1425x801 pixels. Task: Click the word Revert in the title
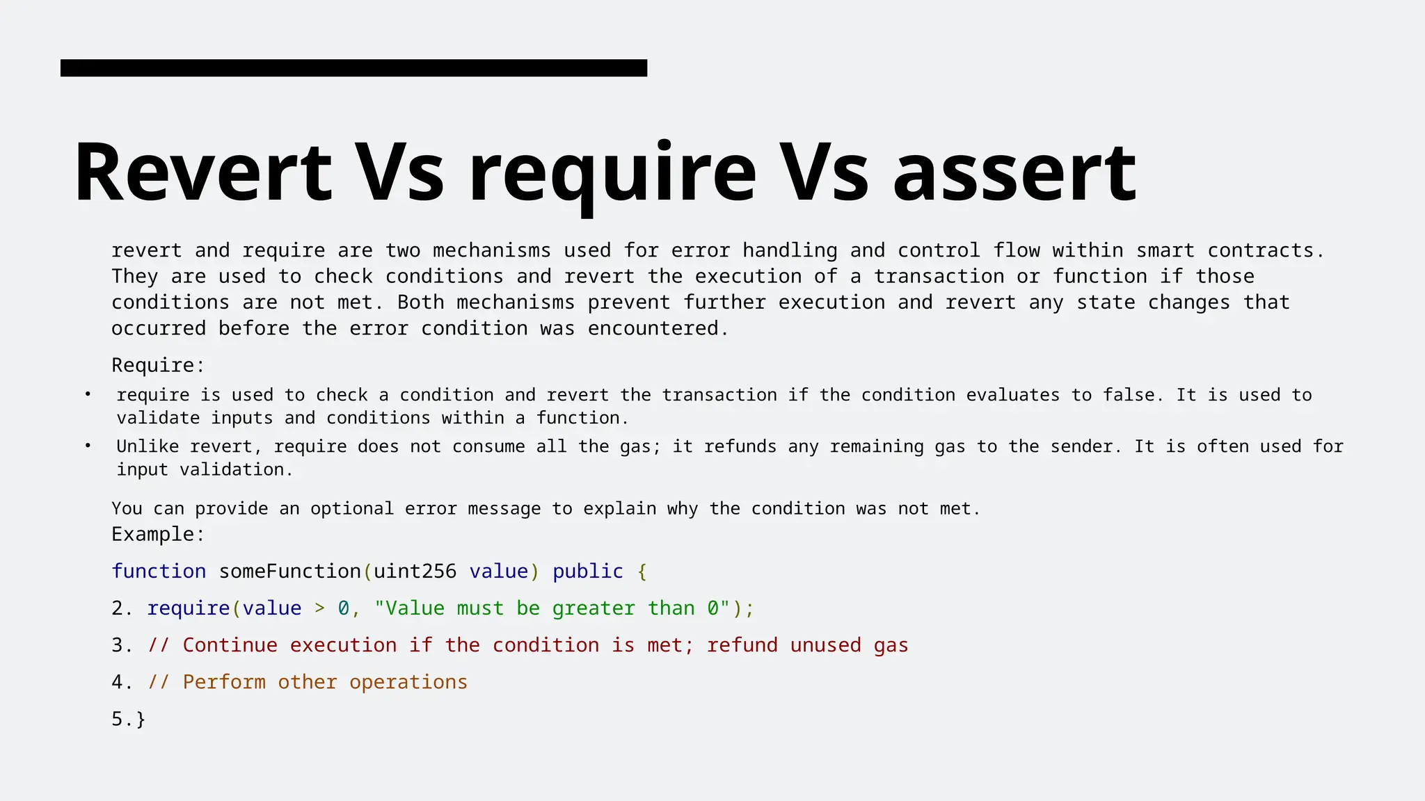202,172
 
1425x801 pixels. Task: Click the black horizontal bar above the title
353,68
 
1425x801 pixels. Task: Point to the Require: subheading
158,365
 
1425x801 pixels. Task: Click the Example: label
158,534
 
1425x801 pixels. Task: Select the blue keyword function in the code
159,571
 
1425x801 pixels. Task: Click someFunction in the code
290,571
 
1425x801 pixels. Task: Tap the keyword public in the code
587,571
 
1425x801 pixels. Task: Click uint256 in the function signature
415,571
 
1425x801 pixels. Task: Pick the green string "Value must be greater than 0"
552,608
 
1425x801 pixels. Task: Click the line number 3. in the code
122,645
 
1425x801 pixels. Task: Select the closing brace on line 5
141,720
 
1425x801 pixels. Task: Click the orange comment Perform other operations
324,682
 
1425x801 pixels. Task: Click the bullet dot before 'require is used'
88,394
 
